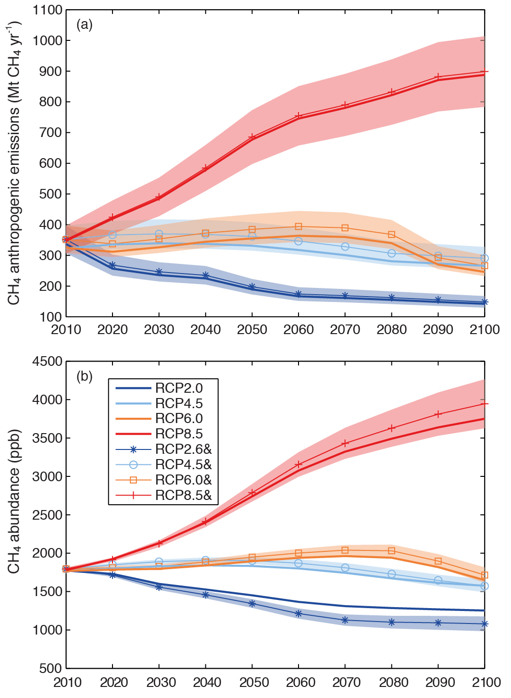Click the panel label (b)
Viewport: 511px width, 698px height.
pyautogui.click(x=85, y=376)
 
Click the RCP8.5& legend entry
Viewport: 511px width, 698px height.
pyautogui.click(x=183, y=496)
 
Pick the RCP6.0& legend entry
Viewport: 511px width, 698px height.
pyautogui.click(x=183, y=480)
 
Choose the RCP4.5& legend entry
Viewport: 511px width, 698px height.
pyautogui.click(x=183, y=465)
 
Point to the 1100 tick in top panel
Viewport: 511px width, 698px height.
pyautogui.click(x=48, y=10)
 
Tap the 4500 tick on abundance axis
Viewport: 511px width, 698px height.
pyautogui.click(x=48, y=361)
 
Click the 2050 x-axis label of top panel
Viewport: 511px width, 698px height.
pyautogui.click(x=252, y=330)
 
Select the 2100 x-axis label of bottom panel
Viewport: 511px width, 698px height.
pyautogui.click(x=484, y=682)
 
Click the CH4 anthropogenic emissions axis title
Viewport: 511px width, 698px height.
pyautogui.click(x=14, y=163)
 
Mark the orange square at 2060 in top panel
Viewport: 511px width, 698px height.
pyautogui.click(x=299, y=226)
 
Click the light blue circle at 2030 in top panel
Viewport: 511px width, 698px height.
pyautogui.click(x=159, y=234)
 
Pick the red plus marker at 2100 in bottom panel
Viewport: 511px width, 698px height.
pyautogui.click(x=485, y=403)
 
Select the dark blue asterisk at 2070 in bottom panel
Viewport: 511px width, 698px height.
pyautogui.click(x=345, y=620)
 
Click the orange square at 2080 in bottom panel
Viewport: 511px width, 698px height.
pyautogui.click(x=391, y=551)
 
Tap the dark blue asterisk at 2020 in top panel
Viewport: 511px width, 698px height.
pyautogui.click(x=112, y=265)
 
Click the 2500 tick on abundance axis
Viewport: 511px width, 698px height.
pyautogui.click(x=48, y=515)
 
